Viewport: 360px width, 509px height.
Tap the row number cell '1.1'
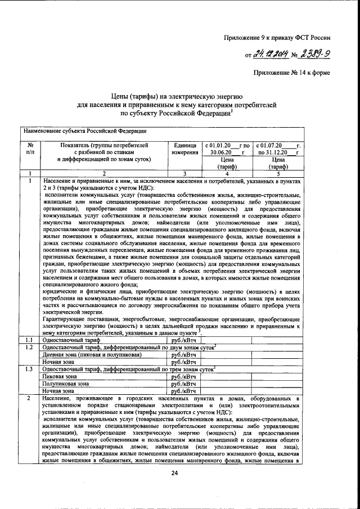tap(30, 340)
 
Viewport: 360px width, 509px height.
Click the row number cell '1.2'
tap(30, 348)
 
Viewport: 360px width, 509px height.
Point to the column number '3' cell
tap(184, 173)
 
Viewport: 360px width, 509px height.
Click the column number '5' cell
tap(278, 173)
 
